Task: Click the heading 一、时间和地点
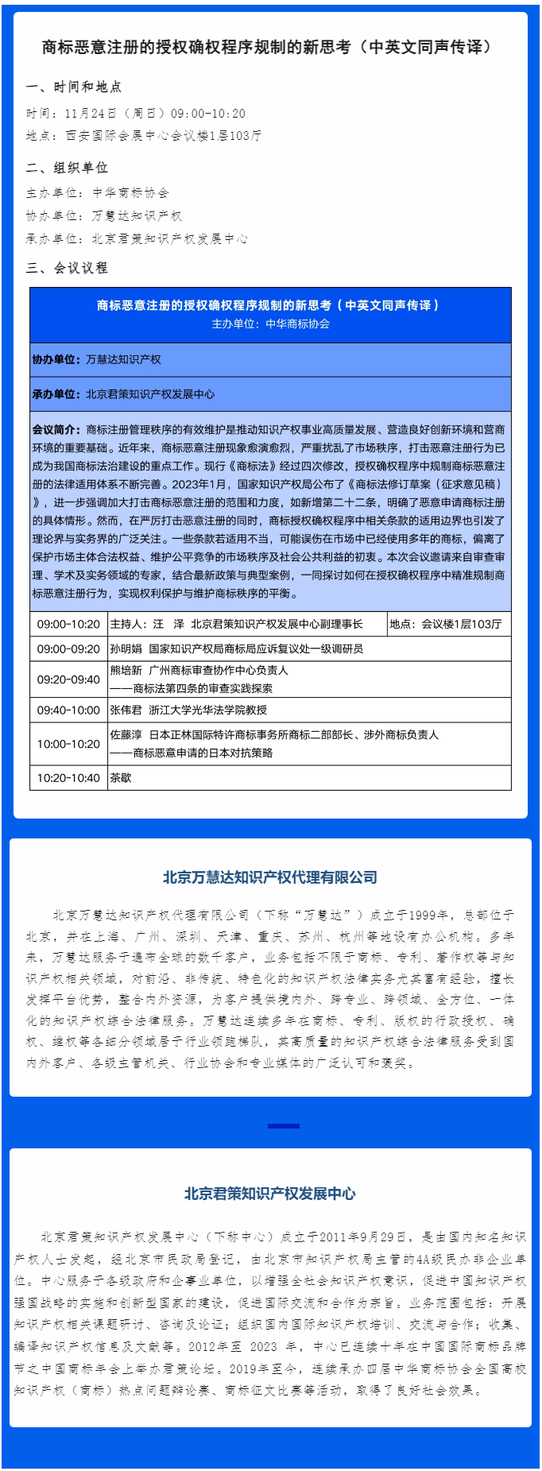click(x=74, y=87)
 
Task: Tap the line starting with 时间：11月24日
click(x=136, y=114)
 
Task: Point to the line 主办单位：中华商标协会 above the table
click(x=98, y=192)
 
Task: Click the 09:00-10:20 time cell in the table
click(x=68, y=624)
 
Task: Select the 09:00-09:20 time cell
click(x=68, y=648)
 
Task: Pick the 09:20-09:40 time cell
click(x=68, y=679)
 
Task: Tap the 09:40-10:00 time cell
click(x=68, y=710)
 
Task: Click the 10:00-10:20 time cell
click(x=68, y=744)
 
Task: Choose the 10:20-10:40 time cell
click(x=68, y=778)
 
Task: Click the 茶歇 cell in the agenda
click(x=121, y=778)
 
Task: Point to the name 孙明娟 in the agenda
click(x=126, y=648)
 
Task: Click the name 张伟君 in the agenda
click(x=126, y=710)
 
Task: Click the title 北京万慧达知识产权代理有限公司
click(x=270, y=877)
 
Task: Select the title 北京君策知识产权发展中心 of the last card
click(x=270, y=1194)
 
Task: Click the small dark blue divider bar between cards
click(x=284, y=1125)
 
